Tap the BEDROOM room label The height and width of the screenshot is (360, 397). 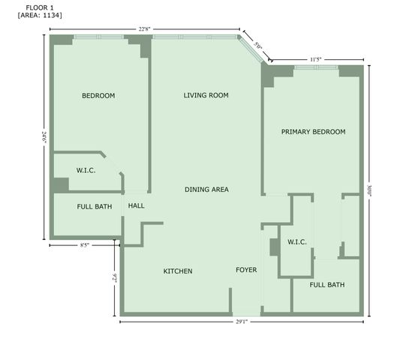click(98, 95)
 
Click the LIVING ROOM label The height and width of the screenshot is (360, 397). click(206, 95)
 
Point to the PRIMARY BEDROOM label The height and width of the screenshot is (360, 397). click(313, 132)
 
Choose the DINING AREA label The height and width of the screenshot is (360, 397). click(206, 190)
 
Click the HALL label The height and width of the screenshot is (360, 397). click(137, 206)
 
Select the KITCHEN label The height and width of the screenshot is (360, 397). click(178, 271)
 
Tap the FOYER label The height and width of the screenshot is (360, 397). click(246, 270)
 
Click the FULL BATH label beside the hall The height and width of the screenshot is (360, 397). click(95, 206)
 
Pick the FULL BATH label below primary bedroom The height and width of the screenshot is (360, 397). click(327, 285)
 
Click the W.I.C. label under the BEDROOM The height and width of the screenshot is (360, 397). click(86, 170)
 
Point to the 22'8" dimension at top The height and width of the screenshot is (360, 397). click(144, 29)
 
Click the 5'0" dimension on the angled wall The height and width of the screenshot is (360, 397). click(257, 46)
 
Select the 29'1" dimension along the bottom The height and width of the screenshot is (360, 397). click(240, 322)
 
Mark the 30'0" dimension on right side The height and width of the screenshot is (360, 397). click(368, 191)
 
